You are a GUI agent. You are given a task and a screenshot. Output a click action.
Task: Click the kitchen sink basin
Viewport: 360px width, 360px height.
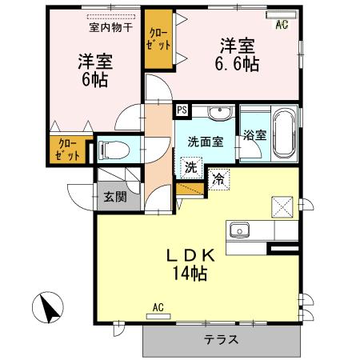(x=239, y=230)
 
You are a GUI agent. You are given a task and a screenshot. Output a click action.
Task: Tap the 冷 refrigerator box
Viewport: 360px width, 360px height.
(x=218, y=179)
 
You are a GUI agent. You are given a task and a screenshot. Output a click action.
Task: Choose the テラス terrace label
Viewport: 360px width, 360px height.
(x=220, y=339)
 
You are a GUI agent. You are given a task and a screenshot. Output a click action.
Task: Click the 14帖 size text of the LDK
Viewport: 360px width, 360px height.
(x=190, y=274)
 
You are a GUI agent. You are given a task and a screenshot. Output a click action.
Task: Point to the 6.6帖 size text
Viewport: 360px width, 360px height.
(x=238, y=64)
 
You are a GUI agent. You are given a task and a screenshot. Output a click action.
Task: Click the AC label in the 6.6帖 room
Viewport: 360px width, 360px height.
(x=282, y=25)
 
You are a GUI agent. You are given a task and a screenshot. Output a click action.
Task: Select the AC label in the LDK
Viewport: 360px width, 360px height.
(x=158, y=307)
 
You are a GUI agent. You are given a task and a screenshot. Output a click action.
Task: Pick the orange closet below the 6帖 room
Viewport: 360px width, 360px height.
(x=68, y=150)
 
